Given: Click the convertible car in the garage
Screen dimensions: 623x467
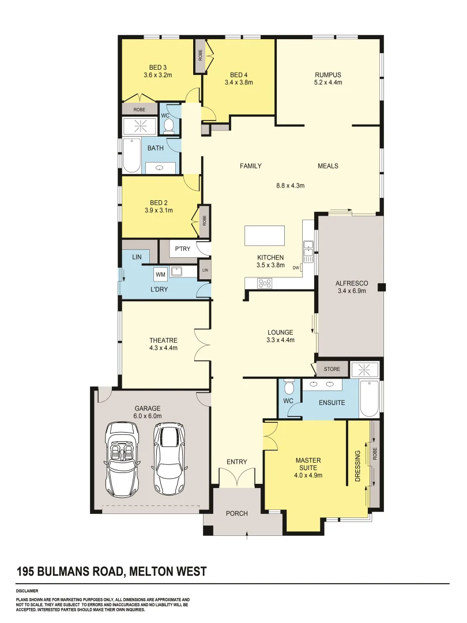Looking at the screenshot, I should (122, 459).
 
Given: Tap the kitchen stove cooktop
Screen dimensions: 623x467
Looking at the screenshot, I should (265, 283).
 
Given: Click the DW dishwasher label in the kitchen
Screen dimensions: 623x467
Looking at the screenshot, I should (296, 268).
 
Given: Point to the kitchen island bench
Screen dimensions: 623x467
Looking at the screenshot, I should (264, 235).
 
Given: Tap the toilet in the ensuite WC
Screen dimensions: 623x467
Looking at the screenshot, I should (289, 385).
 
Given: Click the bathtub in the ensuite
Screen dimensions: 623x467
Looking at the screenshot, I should (369, 398).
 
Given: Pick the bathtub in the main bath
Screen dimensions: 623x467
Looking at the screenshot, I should (132, 155).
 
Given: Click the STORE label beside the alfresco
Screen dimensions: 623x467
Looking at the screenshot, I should (332, 369).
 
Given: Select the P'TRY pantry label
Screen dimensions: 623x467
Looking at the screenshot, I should (182, 249).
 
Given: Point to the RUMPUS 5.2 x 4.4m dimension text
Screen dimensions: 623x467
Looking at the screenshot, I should (328, 82).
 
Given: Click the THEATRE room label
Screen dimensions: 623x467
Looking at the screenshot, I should (163, 340).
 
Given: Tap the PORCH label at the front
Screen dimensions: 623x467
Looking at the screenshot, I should (236, 513).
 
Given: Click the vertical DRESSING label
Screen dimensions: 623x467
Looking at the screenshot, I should (357, 466).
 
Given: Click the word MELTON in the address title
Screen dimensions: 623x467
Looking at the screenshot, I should (153, 572).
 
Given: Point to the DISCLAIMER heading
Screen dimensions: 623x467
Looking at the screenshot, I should (27, 591).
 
